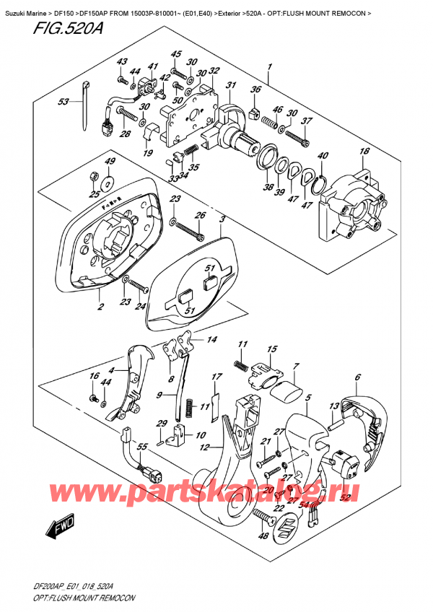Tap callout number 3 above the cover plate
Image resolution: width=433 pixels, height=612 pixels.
click(x=222, y=218)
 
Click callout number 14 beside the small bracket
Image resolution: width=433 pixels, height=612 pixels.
click(x=211, y=340)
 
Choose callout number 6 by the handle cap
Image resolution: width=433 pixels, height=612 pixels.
click(x=357, y=377)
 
